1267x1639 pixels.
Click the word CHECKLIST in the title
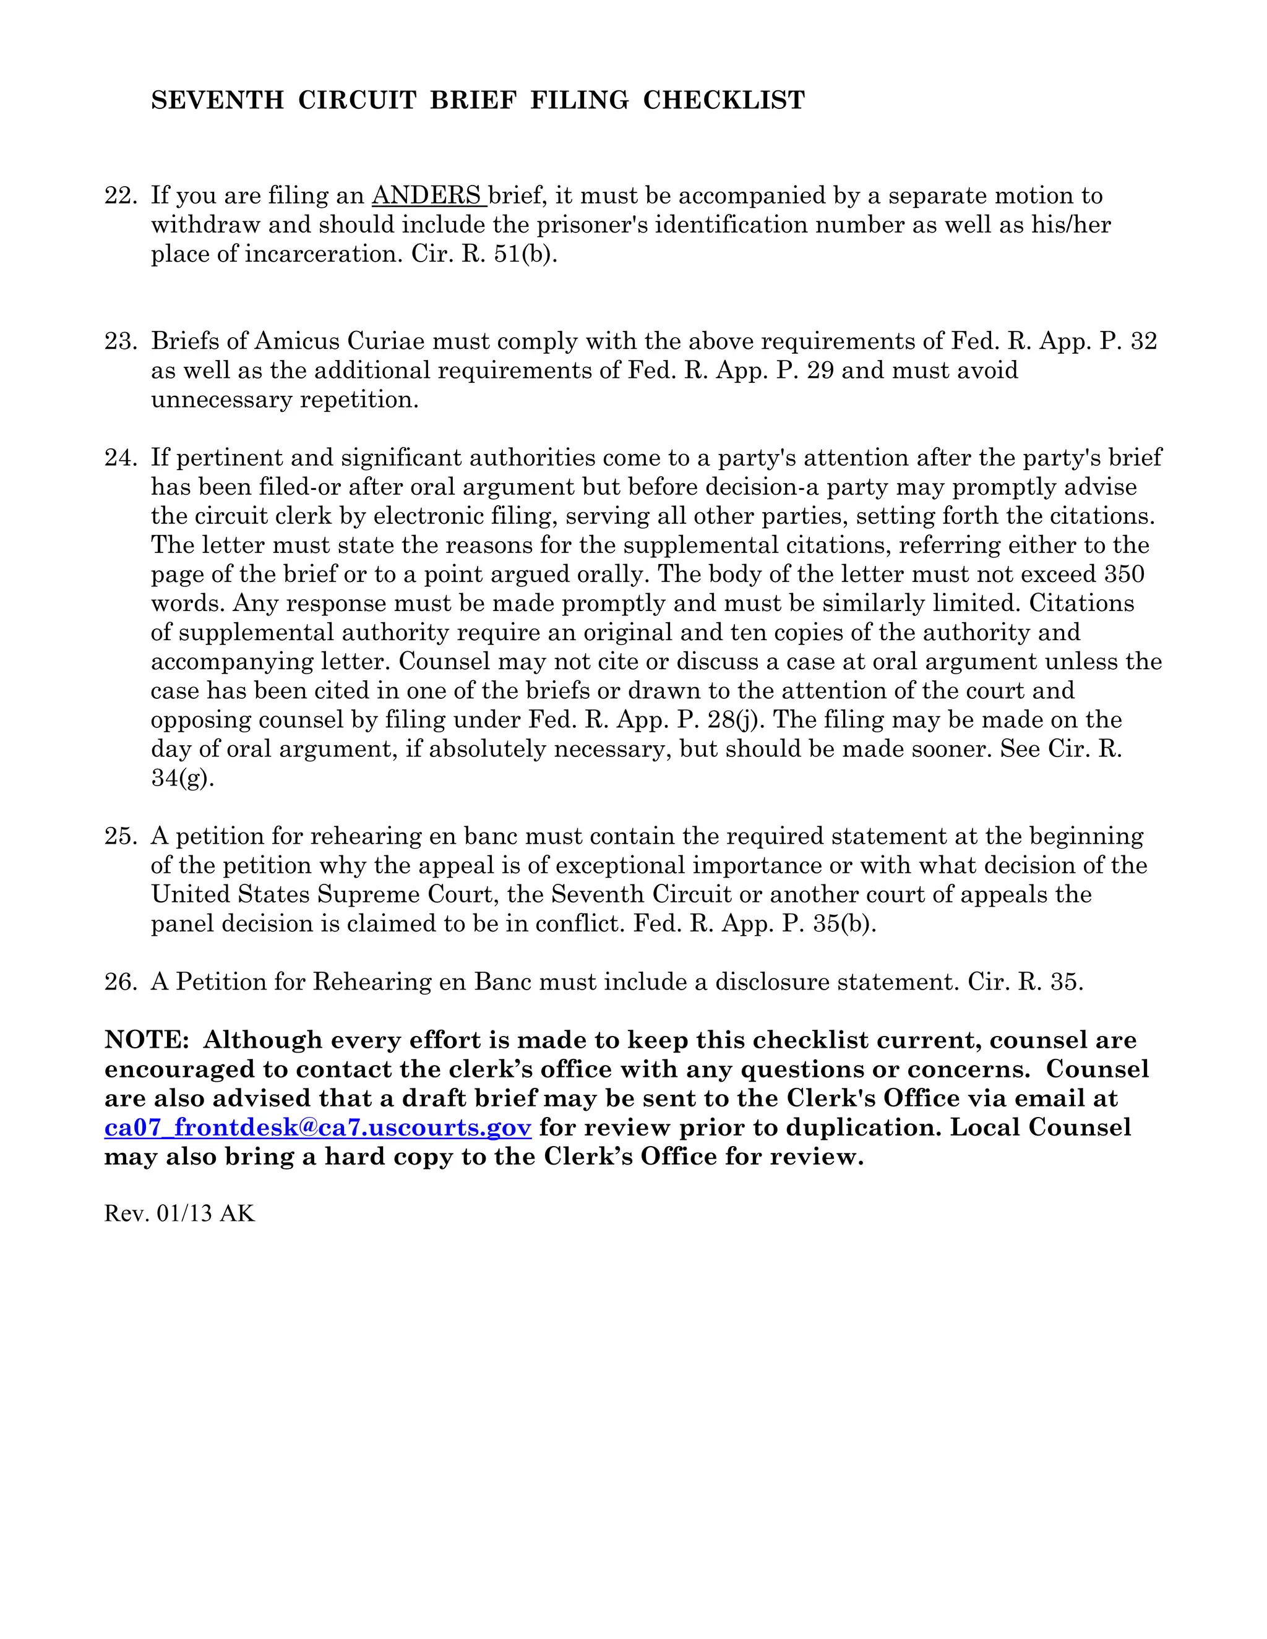pos(724,100)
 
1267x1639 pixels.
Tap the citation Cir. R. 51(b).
pos(484,254)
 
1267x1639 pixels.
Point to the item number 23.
pos(120,341)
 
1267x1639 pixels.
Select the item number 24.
pos(120,457)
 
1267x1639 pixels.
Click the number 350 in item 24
pos(1124,574)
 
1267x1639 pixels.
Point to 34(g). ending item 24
pos(183,778)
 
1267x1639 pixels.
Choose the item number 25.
pos(120,836)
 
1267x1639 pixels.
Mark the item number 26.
pos(120,982)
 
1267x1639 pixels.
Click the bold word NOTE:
pos(147,1040)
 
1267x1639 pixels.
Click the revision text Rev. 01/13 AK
pos(179,1213)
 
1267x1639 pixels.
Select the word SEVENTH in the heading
pos(217,100)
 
